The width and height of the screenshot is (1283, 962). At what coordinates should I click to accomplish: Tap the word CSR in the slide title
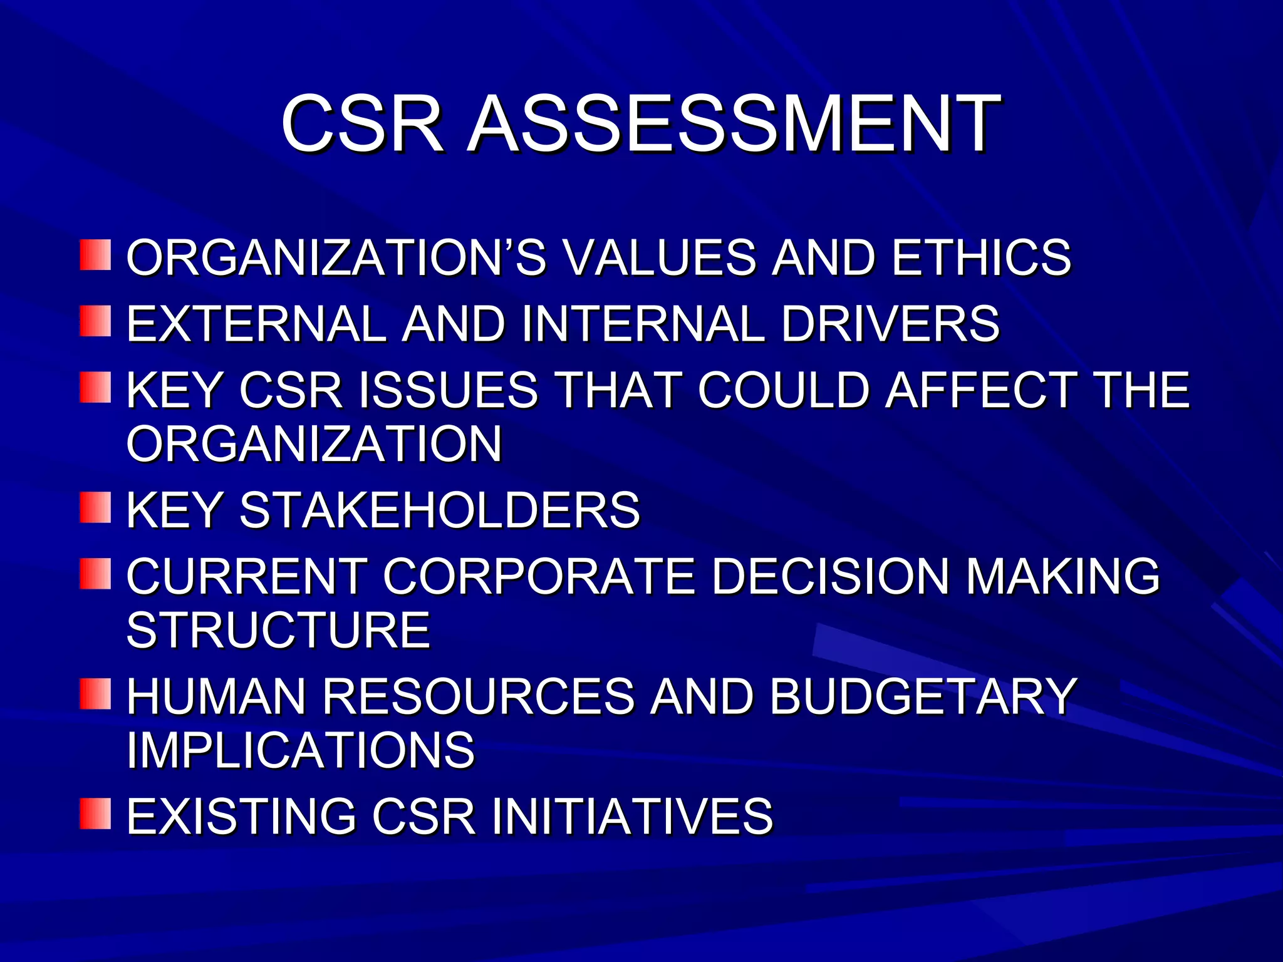[363, 123]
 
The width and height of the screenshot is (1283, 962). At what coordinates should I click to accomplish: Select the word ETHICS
[982, 257]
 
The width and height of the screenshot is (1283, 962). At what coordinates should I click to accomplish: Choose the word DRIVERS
[890, 324]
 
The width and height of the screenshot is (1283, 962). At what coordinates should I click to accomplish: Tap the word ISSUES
[449, 390]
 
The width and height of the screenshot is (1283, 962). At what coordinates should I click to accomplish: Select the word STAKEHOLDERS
[440, 510]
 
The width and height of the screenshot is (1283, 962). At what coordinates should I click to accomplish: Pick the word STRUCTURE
[279, 630]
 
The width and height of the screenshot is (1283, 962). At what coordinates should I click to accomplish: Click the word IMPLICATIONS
[301, 750]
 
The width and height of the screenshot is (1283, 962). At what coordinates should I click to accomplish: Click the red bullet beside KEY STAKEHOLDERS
[95, 507]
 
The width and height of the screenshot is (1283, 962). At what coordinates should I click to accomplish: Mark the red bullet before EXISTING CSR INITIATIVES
[95, 814]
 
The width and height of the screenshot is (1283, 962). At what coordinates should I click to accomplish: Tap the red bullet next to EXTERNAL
[95, 321]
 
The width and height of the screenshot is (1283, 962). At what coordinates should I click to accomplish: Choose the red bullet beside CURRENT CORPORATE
[95, 574]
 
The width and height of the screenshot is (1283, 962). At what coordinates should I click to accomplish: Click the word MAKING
[1062, 576]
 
